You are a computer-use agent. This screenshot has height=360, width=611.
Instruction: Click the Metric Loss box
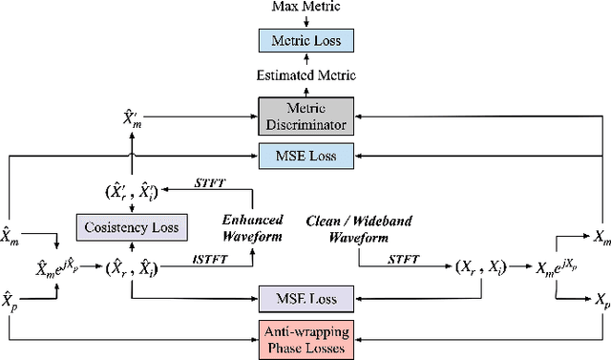tap(305, 41)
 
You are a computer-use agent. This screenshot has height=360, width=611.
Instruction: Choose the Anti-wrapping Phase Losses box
tap(305, 336)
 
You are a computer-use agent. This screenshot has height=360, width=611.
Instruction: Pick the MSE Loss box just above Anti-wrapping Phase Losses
tap(305, 299)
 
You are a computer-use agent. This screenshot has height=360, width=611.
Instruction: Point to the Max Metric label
tap(305, 8)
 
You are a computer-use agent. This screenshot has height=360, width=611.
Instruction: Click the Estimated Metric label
tap(305, 74)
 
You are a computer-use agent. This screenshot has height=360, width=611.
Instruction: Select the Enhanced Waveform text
tap(253, 228)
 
